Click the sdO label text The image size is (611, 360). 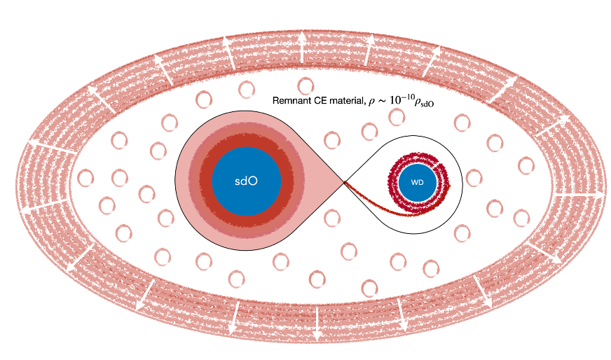coord(245,181)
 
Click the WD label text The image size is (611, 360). coord(417,182)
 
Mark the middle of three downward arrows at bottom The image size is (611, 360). coord(315,324)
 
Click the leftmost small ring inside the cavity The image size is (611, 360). coord(86,176)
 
